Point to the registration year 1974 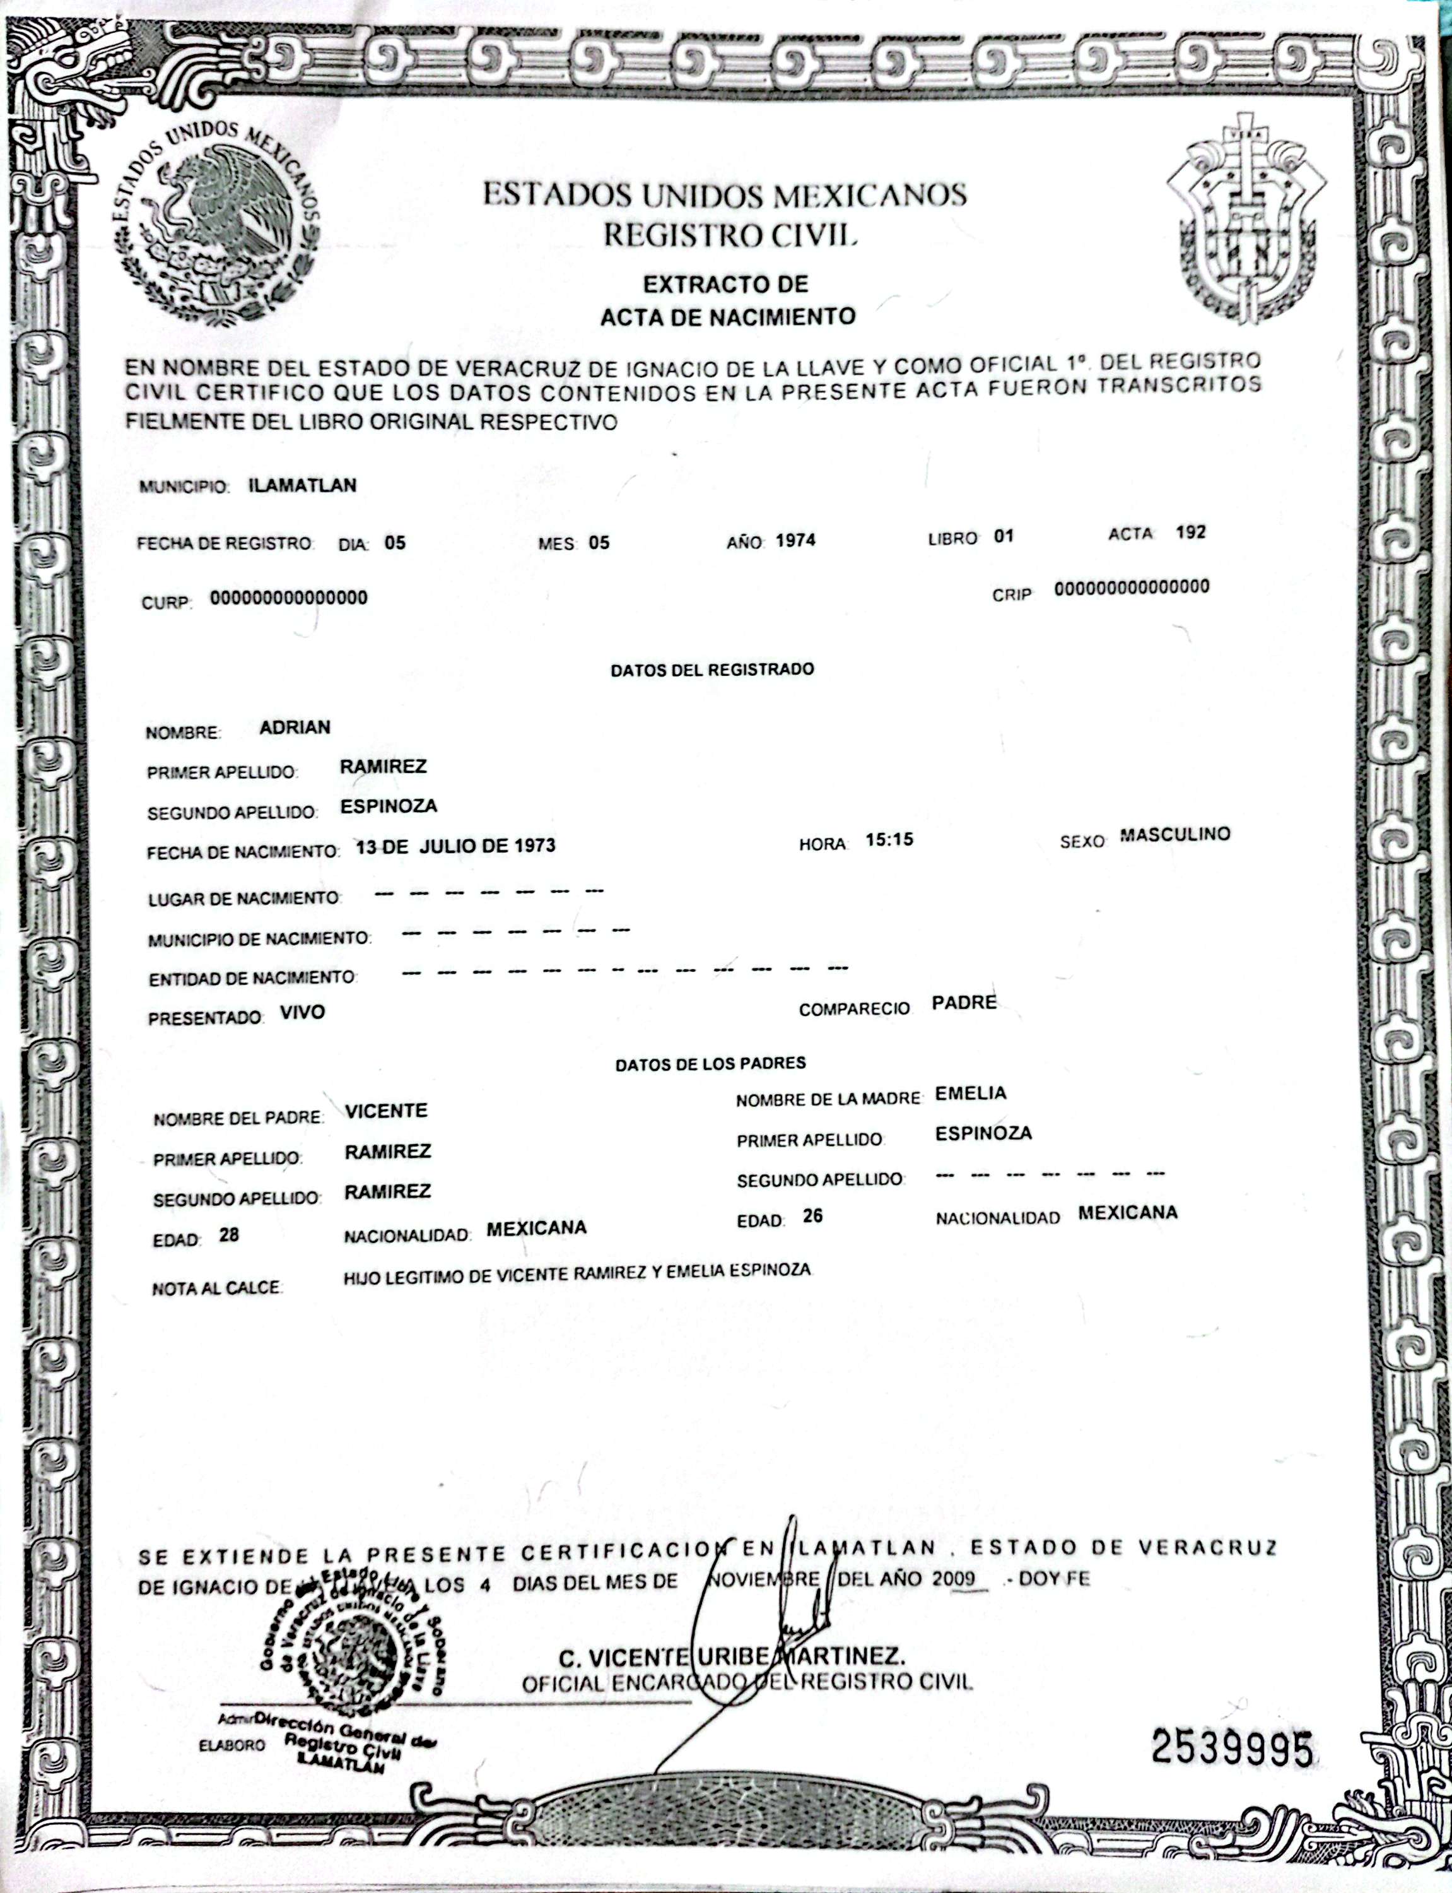[x=795, y=541]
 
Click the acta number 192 [x=1190, y=533]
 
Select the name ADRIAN [x=295, y=727]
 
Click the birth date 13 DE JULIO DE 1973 [x=455, y=846]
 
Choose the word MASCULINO [x=1174, y=835]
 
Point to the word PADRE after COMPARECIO [x=964, y=1003]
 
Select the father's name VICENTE [x=385, y=1111]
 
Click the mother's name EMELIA [x=971, y=1094]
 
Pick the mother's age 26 [x=812, y=1216]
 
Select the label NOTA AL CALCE [x=216, y=1288]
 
